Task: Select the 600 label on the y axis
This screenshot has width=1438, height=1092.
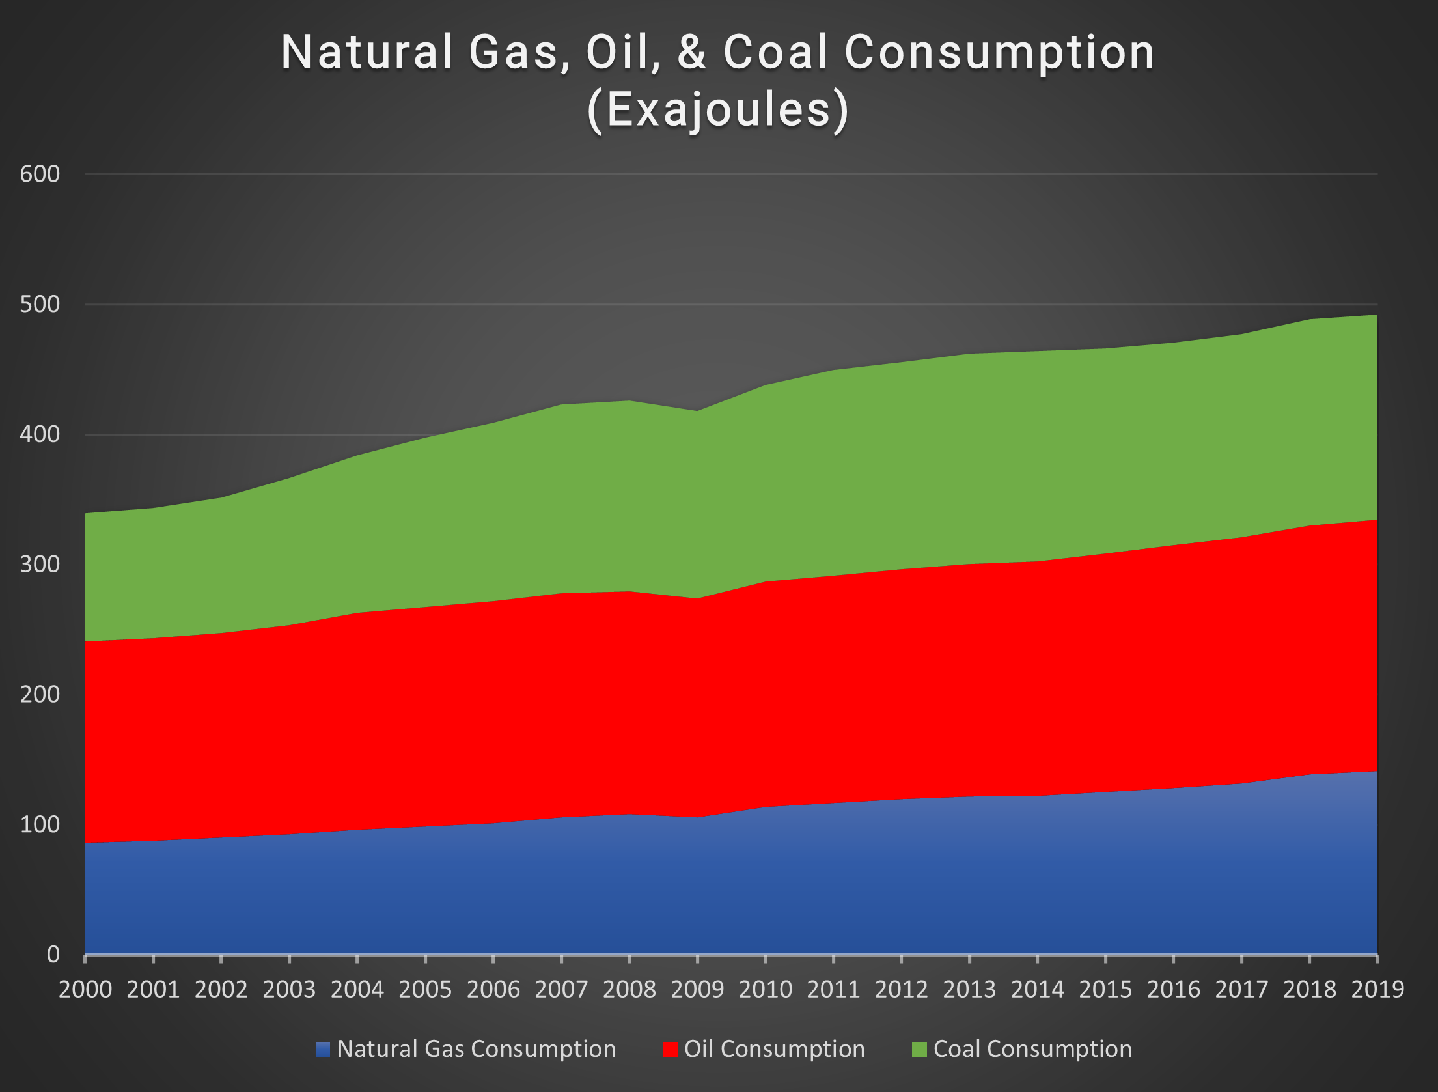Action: click(40, 174)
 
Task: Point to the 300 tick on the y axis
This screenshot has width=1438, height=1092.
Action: click(40, 564)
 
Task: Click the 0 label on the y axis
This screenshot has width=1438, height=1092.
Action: click(53, 954)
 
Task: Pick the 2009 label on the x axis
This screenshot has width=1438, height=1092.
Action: click(697, 990)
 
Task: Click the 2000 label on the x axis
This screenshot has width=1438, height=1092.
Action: click(85, 990)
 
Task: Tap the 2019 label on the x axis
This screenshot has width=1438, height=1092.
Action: click(1377, 990)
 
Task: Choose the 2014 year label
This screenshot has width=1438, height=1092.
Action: click(1037, 990)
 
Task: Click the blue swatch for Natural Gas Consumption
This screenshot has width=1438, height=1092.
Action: click(323, 1049)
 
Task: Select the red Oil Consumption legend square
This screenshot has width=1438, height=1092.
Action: click(670, 1049)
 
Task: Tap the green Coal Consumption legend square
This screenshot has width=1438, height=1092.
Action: click(919, 1049)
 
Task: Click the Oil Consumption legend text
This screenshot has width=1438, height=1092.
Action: click(774, 1049)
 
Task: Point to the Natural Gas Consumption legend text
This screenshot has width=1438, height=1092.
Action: click(476, 1049)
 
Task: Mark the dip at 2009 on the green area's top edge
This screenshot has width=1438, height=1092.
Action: click(697, 411)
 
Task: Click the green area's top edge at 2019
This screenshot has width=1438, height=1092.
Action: click(1376, 315)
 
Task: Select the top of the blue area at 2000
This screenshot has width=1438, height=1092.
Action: click(86, 843)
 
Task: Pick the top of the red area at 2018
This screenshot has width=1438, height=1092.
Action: click(1309, 525)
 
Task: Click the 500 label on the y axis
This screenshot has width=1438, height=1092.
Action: click(40, 304)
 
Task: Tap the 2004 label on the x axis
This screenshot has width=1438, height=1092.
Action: click(357, 990)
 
